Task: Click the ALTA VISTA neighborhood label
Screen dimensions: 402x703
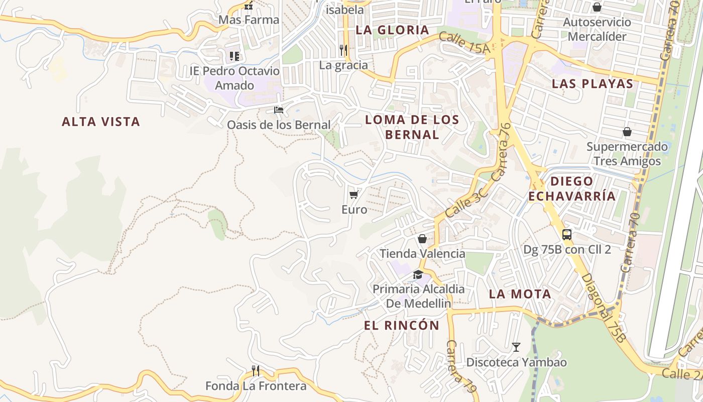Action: coord(100,122)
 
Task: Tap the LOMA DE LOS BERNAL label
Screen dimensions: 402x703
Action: coord(412,127)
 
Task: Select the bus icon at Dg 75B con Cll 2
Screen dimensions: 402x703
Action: coord(567,234)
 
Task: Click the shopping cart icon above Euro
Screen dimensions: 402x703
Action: coord(354,194)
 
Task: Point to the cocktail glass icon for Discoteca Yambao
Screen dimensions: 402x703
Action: coord(516,347)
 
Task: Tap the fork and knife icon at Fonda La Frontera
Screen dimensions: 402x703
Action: coord(256,371)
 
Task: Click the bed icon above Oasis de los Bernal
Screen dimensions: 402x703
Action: coord(279,110)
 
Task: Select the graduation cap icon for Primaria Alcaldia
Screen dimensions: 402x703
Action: coord(418,274)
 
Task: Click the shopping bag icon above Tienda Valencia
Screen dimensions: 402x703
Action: coord(422,239)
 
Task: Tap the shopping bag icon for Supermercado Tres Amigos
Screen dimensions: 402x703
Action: coord(627,132)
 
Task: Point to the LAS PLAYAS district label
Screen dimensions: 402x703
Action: coord(593,84)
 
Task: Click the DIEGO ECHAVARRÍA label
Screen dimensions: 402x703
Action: coord(572,188)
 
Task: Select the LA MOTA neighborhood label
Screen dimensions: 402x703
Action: coord(520,294)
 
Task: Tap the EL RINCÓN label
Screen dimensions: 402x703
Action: coord(401,325)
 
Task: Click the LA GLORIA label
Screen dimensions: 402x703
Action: coord(392,30)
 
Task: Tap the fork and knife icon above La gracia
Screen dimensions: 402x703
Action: coord(343,50)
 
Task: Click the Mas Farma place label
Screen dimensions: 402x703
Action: coord(249,20)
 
